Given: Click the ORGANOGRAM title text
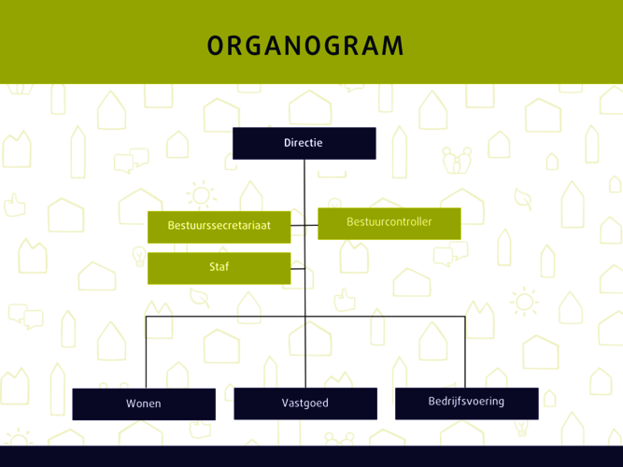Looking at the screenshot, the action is tap(305, 46).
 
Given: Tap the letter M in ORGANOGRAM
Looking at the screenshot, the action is tap(394, 46).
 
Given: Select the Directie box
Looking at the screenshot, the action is tap(304, 143).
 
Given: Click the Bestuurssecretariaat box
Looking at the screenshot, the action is tap(219, 227).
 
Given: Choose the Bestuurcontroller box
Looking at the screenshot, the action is tap(389, 223).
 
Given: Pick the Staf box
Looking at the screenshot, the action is tap(219, 268).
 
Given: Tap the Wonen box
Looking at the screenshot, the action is tap(144, 404).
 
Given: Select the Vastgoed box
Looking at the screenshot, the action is tap(305, 403).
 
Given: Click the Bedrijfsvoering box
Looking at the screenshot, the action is tap(467, 403).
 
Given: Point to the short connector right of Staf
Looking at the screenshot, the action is tap(298, 269).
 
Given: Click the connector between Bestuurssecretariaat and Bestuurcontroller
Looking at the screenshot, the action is tap(304, 225).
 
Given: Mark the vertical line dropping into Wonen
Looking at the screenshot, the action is tap(146, 352).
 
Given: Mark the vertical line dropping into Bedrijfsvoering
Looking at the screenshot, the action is tap(465, 352).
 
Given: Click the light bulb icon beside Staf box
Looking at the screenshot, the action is tap(139, 256).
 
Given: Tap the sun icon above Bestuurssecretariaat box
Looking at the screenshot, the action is tap(202, 195).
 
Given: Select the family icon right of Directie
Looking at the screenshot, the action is tap(457, 161).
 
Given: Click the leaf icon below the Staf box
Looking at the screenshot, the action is tap(200, 298).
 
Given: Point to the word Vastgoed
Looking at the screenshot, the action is tap(305, 403).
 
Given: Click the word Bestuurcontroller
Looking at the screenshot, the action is tap(389, 221).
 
